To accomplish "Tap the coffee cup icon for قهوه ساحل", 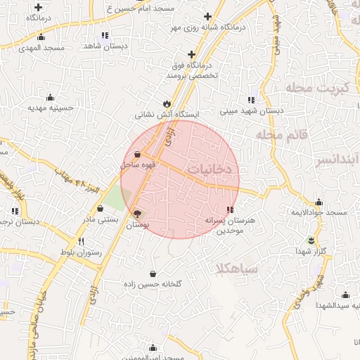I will coord(137,155).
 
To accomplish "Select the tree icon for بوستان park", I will coord(137,214).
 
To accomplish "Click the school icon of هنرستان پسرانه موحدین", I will coord(231,210).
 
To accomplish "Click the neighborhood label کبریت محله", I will coord(317,88).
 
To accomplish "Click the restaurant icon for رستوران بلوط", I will coord(82,241).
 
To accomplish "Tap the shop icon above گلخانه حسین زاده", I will coord(153,274).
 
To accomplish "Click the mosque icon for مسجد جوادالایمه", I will coord(319,202).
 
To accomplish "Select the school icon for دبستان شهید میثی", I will coord(251,99).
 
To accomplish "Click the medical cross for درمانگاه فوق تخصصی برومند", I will coord(191,53).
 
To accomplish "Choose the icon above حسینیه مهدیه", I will coord(50,98).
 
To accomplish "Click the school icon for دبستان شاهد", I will coord(104,34).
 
